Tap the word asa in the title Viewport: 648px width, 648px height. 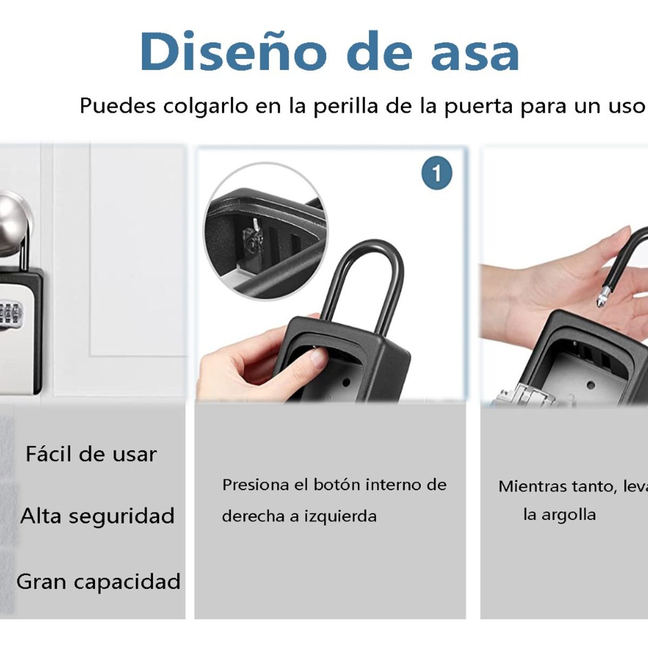[475, 53]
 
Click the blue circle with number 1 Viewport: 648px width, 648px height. [436, 173]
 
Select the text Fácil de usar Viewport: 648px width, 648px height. [91, 454]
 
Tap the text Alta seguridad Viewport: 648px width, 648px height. [97, 516]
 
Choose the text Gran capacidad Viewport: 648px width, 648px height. [98, 582]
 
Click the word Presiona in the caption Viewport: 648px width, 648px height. [256, 485]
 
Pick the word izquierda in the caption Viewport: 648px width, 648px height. [340, 516]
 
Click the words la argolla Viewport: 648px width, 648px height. [559, 515]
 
